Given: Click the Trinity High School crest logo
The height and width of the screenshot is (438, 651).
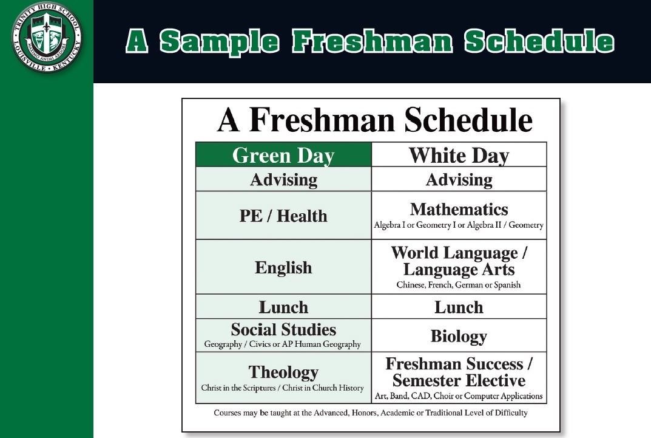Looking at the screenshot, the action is (47, 37).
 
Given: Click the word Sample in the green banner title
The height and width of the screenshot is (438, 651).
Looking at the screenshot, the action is (219, 42).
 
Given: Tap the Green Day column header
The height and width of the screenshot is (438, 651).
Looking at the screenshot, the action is (283, 154).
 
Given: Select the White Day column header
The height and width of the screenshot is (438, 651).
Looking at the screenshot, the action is (459, 154).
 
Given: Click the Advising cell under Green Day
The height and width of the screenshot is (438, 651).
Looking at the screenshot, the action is (283, 179).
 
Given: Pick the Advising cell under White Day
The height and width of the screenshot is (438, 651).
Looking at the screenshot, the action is (459, 179).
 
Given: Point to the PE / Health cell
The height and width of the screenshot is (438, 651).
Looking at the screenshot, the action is (283, 215).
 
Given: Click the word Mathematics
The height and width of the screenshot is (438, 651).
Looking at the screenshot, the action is (459, 209).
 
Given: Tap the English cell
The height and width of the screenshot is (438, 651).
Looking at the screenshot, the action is (283, 267).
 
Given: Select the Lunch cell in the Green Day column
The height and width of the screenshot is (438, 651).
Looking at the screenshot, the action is (283, 307).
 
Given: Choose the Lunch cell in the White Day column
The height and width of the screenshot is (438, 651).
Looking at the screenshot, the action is (459, 307).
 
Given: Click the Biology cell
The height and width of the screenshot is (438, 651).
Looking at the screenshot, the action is (459, 335).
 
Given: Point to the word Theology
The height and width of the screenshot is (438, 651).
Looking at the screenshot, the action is (283, 372).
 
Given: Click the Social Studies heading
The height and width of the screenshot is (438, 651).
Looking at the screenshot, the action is (283, 329).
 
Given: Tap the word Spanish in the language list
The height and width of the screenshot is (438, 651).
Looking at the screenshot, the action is (507, 285).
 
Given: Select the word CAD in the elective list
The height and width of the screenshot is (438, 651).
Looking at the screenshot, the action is (420, 395).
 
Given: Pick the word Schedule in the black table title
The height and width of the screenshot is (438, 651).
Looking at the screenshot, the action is (468, 120).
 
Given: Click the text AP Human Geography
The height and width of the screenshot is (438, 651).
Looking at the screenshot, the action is (322, 344).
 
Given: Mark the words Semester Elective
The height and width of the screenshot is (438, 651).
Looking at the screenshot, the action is (459, 380).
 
